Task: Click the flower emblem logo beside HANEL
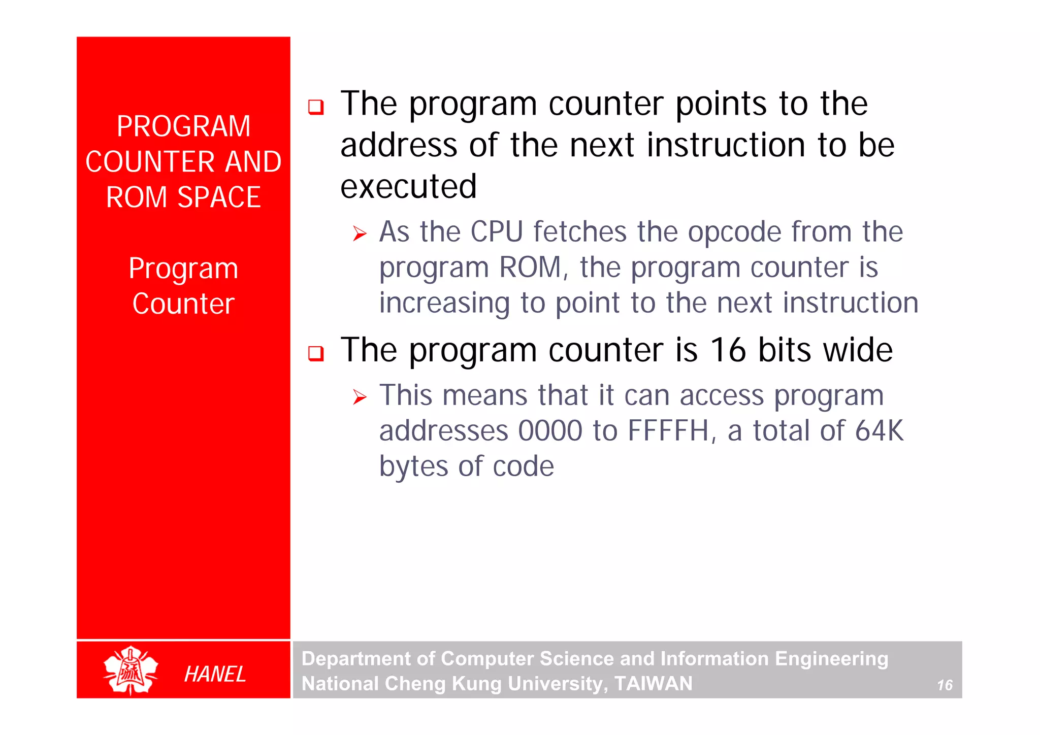tap(131, 670)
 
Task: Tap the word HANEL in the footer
tap(215, 674)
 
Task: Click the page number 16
tap(945, 685)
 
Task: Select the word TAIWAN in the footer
tap(654, 683)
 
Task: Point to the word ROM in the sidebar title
tap(136, 197)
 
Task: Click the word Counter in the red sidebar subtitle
tap(183, 304)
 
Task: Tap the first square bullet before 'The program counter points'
tap(316, 107)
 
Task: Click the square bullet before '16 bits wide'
tap(316, 353)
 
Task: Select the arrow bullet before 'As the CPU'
tap(360, 234)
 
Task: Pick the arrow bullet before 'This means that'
tap(360, 397)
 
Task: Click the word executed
tap(409, 187)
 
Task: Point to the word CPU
tap(497, 232)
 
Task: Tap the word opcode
tap(734, 233)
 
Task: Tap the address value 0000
tap(550, 431)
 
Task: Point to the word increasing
tap(444, 303)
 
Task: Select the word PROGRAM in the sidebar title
tap(184, 126)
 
